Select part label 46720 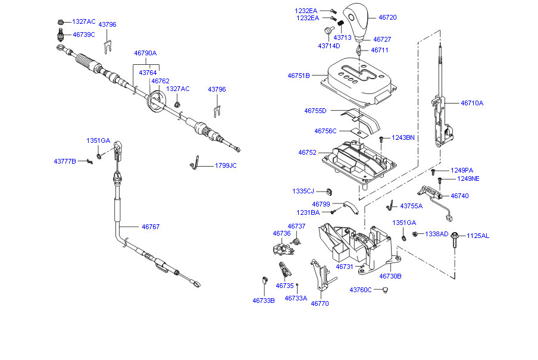click(x=387, y=18)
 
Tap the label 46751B click(x=299, y=76)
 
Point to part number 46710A click(x=472, y=103)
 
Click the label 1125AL click(x=477, y=236)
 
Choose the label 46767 click(x=151, y=227)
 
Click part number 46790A click(x=145, y=53)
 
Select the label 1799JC click(x=226, y=165)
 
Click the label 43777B click(x=65, y=161)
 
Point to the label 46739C click(x=84, y=35)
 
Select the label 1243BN click(x=403, y=137)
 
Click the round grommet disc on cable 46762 click(x=157, y=99)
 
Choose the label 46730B click(x=390, y=276)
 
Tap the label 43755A click(x=411, y=206)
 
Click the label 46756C click(x=326, y=131)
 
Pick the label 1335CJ click(x=302, y=191)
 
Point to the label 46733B click(x=264, y=300)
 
